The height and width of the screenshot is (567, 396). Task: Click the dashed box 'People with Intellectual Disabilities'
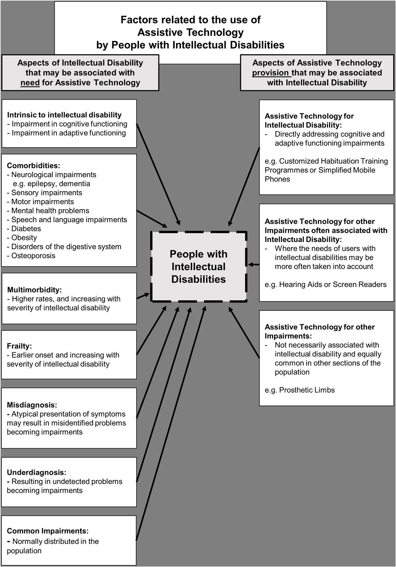click(x=198, y=266)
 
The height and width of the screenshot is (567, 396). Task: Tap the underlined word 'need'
click(x=30, y=83)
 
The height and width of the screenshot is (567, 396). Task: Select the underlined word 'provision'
click(x=271, y=73)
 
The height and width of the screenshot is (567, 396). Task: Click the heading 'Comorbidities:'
click(x=33, y=166)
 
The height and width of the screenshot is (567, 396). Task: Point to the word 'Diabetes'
click(x=26, y=229)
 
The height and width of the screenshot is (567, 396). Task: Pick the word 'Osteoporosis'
click(x=33, y=256)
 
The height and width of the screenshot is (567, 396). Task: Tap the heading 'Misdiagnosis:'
click(x=32, y=405)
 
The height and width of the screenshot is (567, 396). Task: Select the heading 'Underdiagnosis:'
click(x=36, y=472)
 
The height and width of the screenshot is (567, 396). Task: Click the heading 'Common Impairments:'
click(x=48, y=531)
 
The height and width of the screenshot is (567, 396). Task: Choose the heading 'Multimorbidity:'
click(x=34, y=290)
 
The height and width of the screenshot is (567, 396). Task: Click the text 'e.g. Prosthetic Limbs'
click(x=299, y=390)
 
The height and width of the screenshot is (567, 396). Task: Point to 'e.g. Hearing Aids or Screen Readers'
click(x=325, y=285)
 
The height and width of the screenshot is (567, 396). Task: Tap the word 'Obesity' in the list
click(x=24, y=238)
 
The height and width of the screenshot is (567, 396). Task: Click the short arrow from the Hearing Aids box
click(x=254, y=265)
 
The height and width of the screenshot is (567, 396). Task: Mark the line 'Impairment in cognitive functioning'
click(x=69, y=124)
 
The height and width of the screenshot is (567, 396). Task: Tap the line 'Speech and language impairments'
click(x=69, y=220)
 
